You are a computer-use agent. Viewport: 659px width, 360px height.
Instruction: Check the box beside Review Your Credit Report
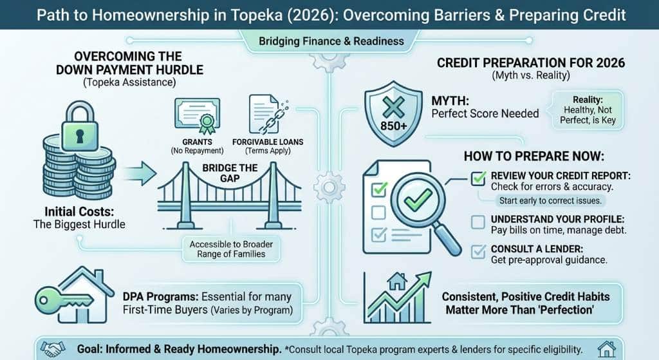(478, 178)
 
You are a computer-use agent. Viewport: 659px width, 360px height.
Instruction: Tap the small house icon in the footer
(606, 348)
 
